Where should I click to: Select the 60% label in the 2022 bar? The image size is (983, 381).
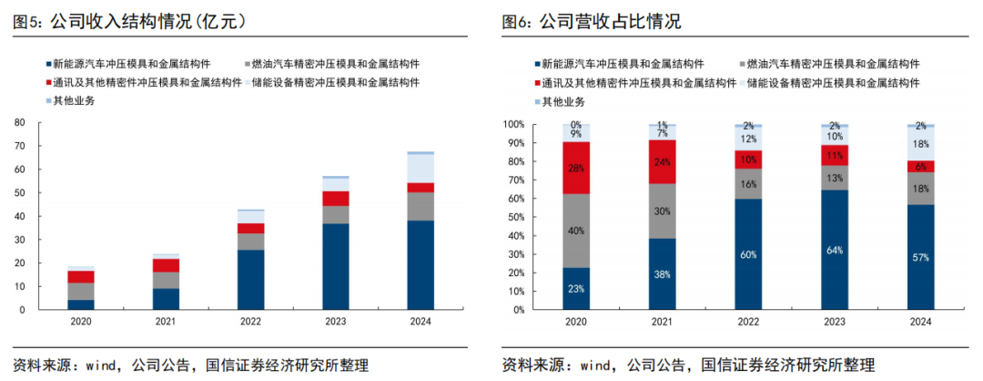click(x=748, y=254)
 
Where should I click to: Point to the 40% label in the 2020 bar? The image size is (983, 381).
click(x=575, y=231)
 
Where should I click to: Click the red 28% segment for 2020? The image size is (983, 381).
click(x=575, y=168)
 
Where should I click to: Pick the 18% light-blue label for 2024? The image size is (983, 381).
click(x=920, y=144)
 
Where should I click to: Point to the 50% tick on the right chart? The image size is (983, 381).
click(x=514, y=217)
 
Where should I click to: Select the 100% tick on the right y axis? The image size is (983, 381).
click(x=512, y=124)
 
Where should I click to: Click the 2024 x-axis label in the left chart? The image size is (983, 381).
click(x=421, y=322)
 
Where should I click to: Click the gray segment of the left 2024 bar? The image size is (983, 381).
click(x=421, y=206)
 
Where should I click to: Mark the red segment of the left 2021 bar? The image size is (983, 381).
click(x=166, y=265)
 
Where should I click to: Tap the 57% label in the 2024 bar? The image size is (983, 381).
click(x=920, y=258)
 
